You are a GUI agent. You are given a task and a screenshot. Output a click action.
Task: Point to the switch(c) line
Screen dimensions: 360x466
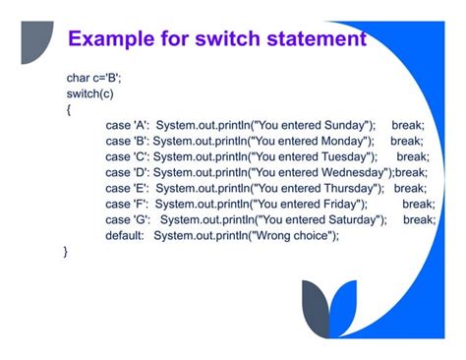[88, 93]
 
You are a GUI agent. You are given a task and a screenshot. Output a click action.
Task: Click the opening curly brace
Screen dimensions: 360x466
[68, 109]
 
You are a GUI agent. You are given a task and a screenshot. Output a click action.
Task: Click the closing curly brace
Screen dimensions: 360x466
[67, 252]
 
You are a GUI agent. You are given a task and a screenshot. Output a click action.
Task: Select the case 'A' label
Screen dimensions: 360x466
[125, 125]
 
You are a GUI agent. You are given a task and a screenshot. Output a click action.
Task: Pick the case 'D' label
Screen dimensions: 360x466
[126, 172]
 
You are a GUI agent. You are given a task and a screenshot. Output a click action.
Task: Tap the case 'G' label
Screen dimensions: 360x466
[126, 219]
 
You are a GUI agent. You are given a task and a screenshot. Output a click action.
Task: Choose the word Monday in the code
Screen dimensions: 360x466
[346, 141]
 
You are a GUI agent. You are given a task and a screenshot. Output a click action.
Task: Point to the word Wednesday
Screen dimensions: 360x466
[360, 172]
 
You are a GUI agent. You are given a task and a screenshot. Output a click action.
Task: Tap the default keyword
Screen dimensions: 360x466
[125, 236]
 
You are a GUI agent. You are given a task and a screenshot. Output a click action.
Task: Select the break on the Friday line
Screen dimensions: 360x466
[418, 204]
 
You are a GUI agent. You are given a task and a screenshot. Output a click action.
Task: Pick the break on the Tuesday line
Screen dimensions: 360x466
[412, 156]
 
